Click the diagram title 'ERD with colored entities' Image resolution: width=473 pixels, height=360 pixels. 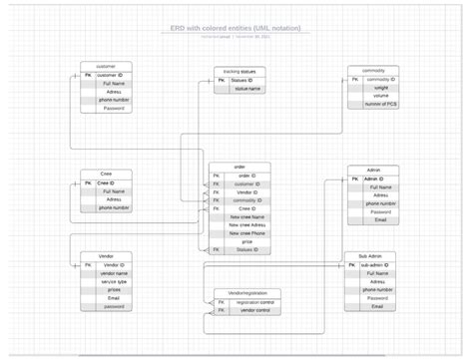[x=236, y=28]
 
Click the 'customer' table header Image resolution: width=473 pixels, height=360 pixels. [x=106, y=66]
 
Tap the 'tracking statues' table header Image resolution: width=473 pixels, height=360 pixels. [x=238, y=72]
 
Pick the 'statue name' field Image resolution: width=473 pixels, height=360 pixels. [x=246, y=89]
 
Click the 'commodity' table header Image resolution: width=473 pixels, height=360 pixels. [x=372, y=70]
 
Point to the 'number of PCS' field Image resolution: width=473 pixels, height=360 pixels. [x=380, y=104]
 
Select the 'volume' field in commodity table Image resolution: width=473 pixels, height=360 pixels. [x=380, y=96]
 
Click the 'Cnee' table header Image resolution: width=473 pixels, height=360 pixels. [x=106, y=175]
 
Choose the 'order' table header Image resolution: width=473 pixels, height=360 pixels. [x=239, y=167]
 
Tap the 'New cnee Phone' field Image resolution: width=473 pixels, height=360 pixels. [x=246, y=232]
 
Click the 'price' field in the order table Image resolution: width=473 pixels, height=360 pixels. [x=246, y=240]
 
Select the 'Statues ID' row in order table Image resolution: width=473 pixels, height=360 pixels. [x=246, y=249]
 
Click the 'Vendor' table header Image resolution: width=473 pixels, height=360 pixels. [x=106, y=256]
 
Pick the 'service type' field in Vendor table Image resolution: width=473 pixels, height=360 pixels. [x=114, y=281]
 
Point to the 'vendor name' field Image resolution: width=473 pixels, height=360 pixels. [x=114, y=273]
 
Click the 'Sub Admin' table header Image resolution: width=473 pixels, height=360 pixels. [x=370, y=256]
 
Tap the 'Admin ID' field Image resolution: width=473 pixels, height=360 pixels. [x=378, y=179]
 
